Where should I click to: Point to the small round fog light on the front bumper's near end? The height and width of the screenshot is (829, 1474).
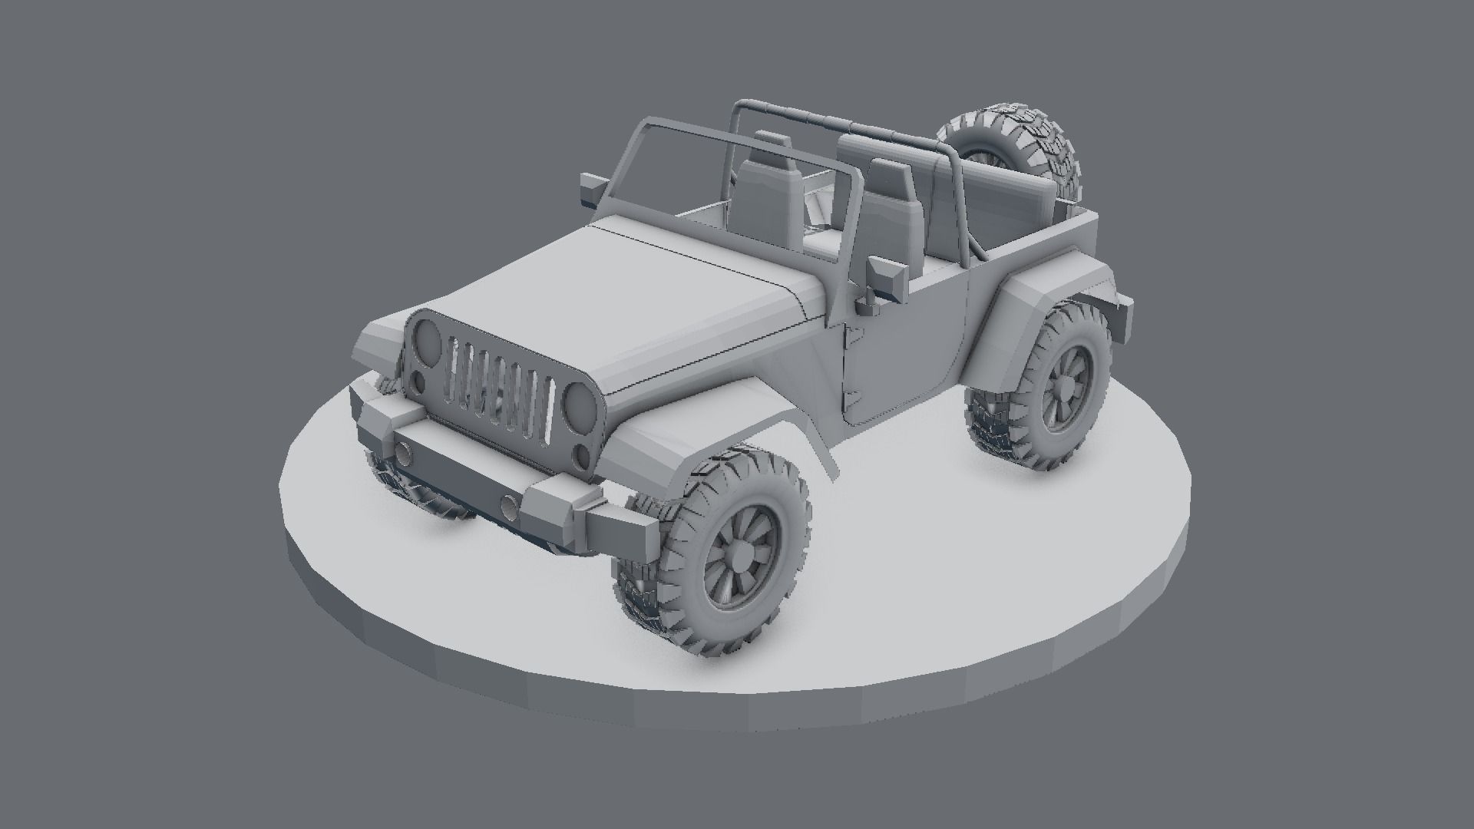coord(508,505)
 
